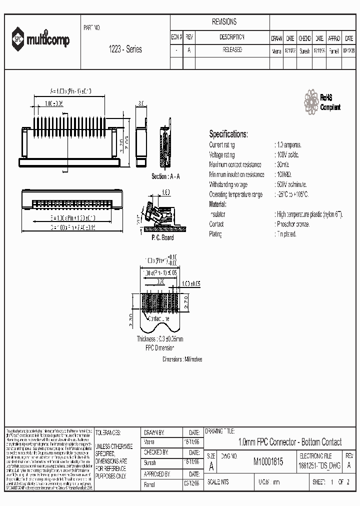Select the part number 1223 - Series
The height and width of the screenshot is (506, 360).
125,49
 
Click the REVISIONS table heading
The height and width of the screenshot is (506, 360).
224,22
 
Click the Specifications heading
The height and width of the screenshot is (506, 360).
228,134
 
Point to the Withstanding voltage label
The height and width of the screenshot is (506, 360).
228,184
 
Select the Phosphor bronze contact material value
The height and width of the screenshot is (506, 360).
292,224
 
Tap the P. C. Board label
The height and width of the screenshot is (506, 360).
162,237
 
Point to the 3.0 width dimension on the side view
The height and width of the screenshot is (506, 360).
140,102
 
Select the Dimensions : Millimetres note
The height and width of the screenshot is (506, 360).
182,359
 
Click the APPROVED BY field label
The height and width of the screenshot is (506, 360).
157,473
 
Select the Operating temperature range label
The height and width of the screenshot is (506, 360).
235,194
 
